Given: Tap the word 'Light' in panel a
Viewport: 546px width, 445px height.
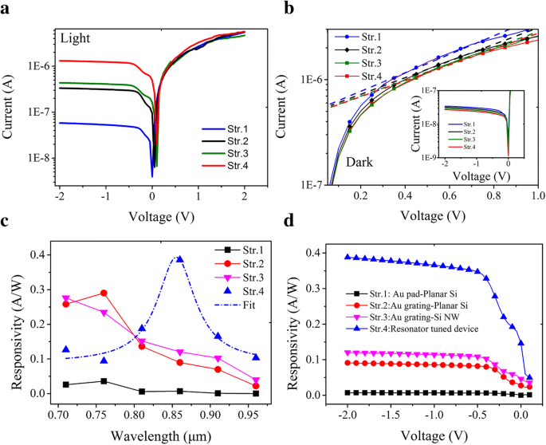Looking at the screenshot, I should (78, 37).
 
